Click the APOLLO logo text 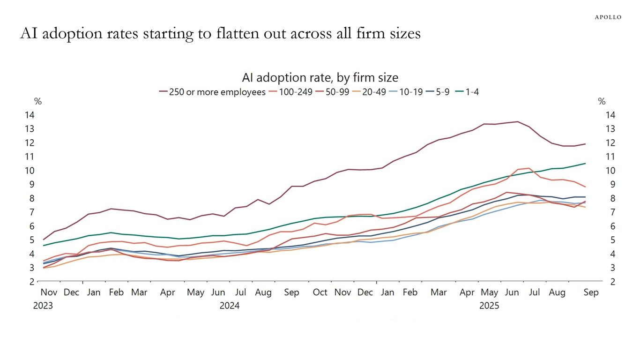[608, 17]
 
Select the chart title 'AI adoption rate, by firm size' [320, 77]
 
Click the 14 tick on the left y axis [29, 115]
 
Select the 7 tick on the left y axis [31, 212]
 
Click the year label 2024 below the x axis [230, 306]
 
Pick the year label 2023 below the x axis [43, 306]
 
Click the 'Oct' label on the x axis [320, 292]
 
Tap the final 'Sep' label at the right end [591, 292]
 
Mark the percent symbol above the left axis [37, 102]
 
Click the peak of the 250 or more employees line [517, 122]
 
